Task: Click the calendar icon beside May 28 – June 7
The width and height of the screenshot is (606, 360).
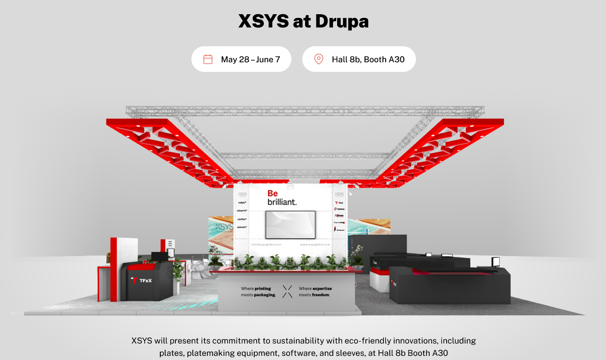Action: (x=208, y=59)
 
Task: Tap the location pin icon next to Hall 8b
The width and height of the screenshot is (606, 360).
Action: (x=318, y=59)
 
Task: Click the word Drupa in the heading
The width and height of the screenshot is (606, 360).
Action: (x=338, y=22)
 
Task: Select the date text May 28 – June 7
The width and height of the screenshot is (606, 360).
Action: (x=250, y=59)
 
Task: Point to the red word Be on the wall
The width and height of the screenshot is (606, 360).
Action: (x=273, y=194)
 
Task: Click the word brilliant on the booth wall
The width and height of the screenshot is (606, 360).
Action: (x=282, y=202)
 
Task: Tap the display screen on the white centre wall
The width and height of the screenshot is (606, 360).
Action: (x=290, y=224)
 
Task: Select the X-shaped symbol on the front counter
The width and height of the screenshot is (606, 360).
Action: (x=287, y=292)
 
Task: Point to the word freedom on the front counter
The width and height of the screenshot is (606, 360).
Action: (x=320, y=295)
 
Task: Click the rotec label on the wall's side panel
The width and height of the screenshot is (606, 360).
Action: (x=242, y=202)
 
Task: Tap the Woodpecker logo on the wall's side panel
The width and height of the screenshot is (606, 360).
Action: (x=339, y=229)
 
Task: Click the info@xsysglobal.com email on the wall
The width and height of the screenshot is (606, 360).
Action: (x=266, y=245)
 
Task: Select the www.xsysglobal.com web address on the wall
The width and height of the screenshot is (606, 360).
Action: (x=315, y=245)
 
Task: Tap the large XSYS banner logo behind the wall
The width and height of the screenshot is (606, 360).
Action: (x=224, y=227)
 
